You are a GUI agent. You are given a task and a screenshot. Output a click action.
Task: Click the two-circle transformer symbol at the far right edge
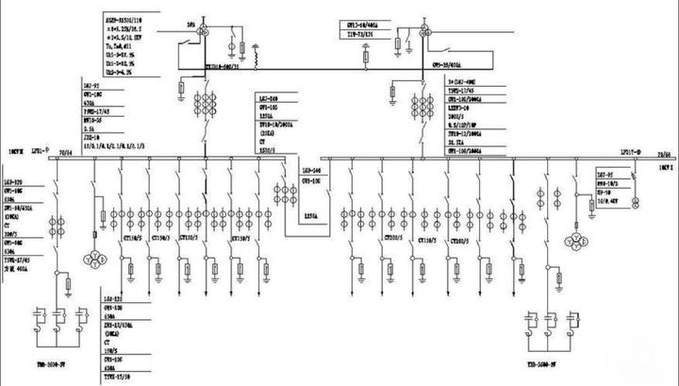[x=638, y=202]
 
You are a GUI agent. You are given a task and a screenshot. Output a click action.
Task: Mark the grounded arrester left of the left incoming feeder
[x=181, y=90]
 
